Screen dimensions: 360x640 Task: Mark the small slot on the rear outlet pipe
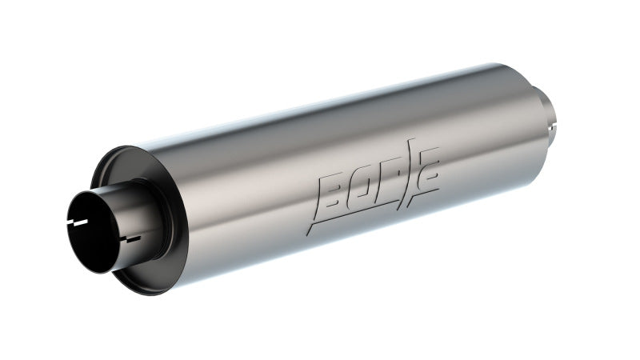click(552, 125)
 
